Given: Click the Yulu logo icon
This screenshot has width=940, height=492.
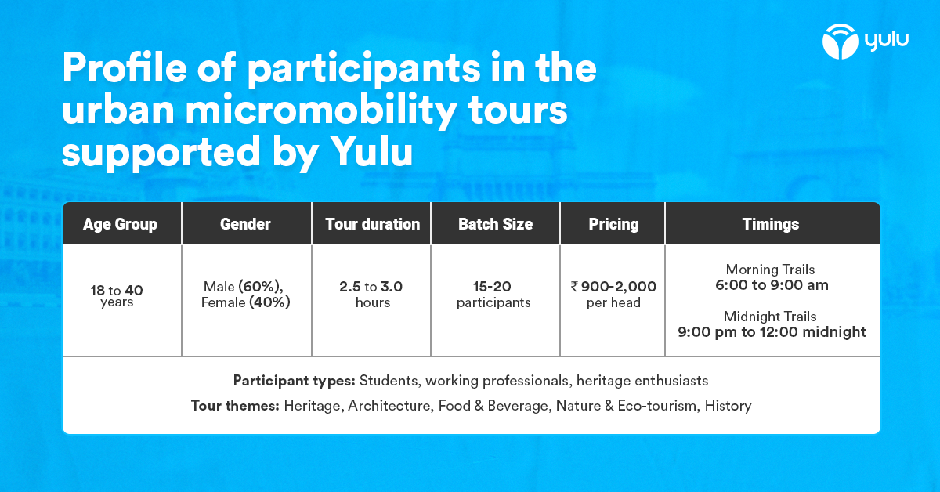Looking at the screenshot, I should [841, 42].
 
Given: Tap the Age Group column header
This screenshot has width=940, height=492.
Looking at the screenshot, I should [120, 224].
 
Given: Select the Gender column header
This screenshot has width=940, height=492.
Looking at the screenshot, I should [245, 224].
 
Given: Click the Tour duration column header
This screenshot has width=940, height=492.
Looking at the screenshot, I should [372, 224].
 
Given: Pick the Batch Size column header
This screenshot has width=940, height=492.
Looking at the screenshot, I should [495, 224].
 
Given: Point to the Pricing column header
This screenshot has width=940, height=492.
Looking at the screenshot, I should [613, 224].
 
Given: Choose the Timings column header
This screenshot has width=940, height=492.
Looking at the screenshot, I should [771, 224].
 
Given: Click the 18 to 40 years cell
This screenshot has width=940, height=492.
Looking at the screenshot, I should [117, 295].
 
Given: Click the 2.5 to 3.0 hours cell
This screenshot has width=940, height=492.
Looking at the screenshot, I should [371, 295].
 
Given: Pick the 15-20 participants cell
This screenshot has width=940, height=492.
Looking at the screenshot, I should [493, 295].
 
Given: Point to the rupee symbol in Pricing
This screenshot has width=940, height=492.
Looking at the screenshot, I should [575, 287].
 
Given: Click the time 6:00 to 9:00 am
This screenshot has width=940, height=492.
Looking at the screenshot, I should [772, 284].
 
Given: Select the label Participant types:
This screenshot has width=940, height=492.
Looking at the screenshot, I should [295, 381].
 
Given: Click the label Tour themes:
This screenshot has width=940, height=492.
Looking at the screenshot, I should [235, 406].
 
